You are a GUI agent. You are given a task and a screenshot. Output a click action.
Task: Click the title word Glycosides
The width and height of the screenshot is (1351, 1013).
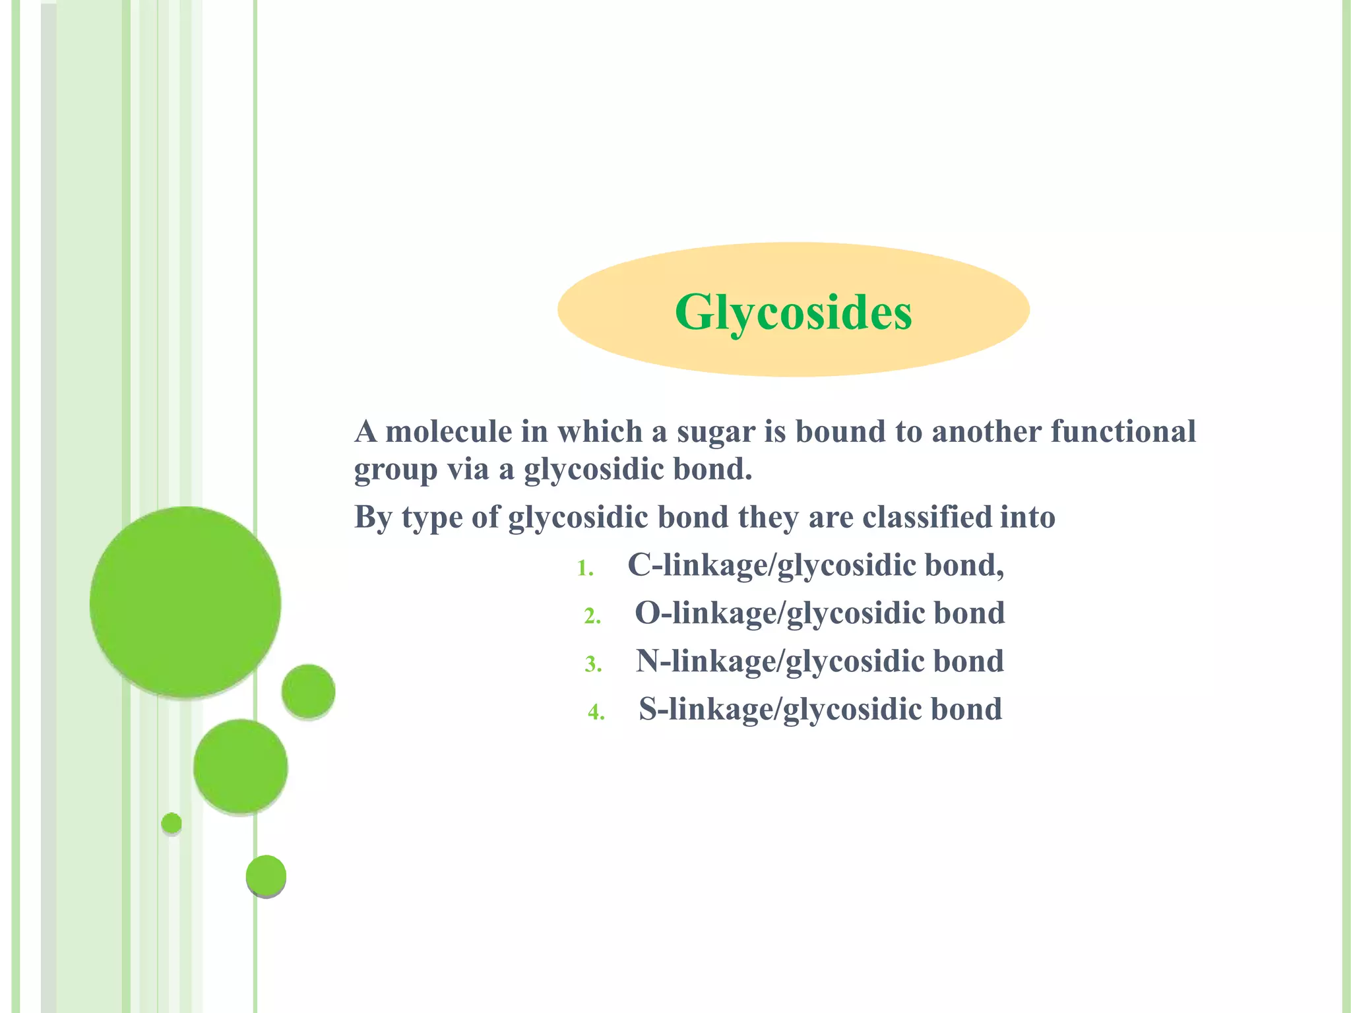coord(793,311)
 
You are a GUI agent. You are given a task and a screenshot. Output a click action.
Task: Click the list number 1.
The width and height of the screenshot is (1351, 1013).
coord(584,568)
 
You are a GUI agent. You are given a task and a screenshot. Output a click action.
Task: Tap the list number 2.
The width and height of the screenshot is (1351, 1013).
coord(592,617)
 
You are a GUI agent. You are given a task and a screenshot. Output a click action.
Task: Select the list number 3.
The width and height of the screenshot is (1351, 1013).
coord(592,665)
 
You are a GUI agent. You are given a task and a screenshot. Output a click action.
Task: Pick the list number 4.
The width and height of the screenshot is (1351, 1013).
coord(596,713)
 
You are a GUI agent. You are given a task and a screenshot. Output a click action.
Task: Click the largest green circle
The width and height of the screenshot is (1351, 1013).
coord(185,601)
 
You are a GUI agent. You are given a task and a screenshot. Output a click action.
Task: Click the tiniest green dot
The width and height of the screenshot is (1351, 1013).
coord(172,823)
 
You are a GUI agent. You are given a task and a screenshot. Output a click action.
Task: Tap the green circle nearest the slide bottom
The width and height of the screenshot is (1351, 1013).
coord(266,876)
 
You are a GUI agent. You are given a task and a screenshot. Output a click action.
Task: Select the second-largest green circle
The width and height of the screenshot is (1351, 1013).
coord(240,766)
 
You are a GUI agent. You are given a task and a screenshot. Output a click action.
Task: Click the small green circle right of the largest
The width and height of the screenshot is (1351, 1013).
coord(308,691)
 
